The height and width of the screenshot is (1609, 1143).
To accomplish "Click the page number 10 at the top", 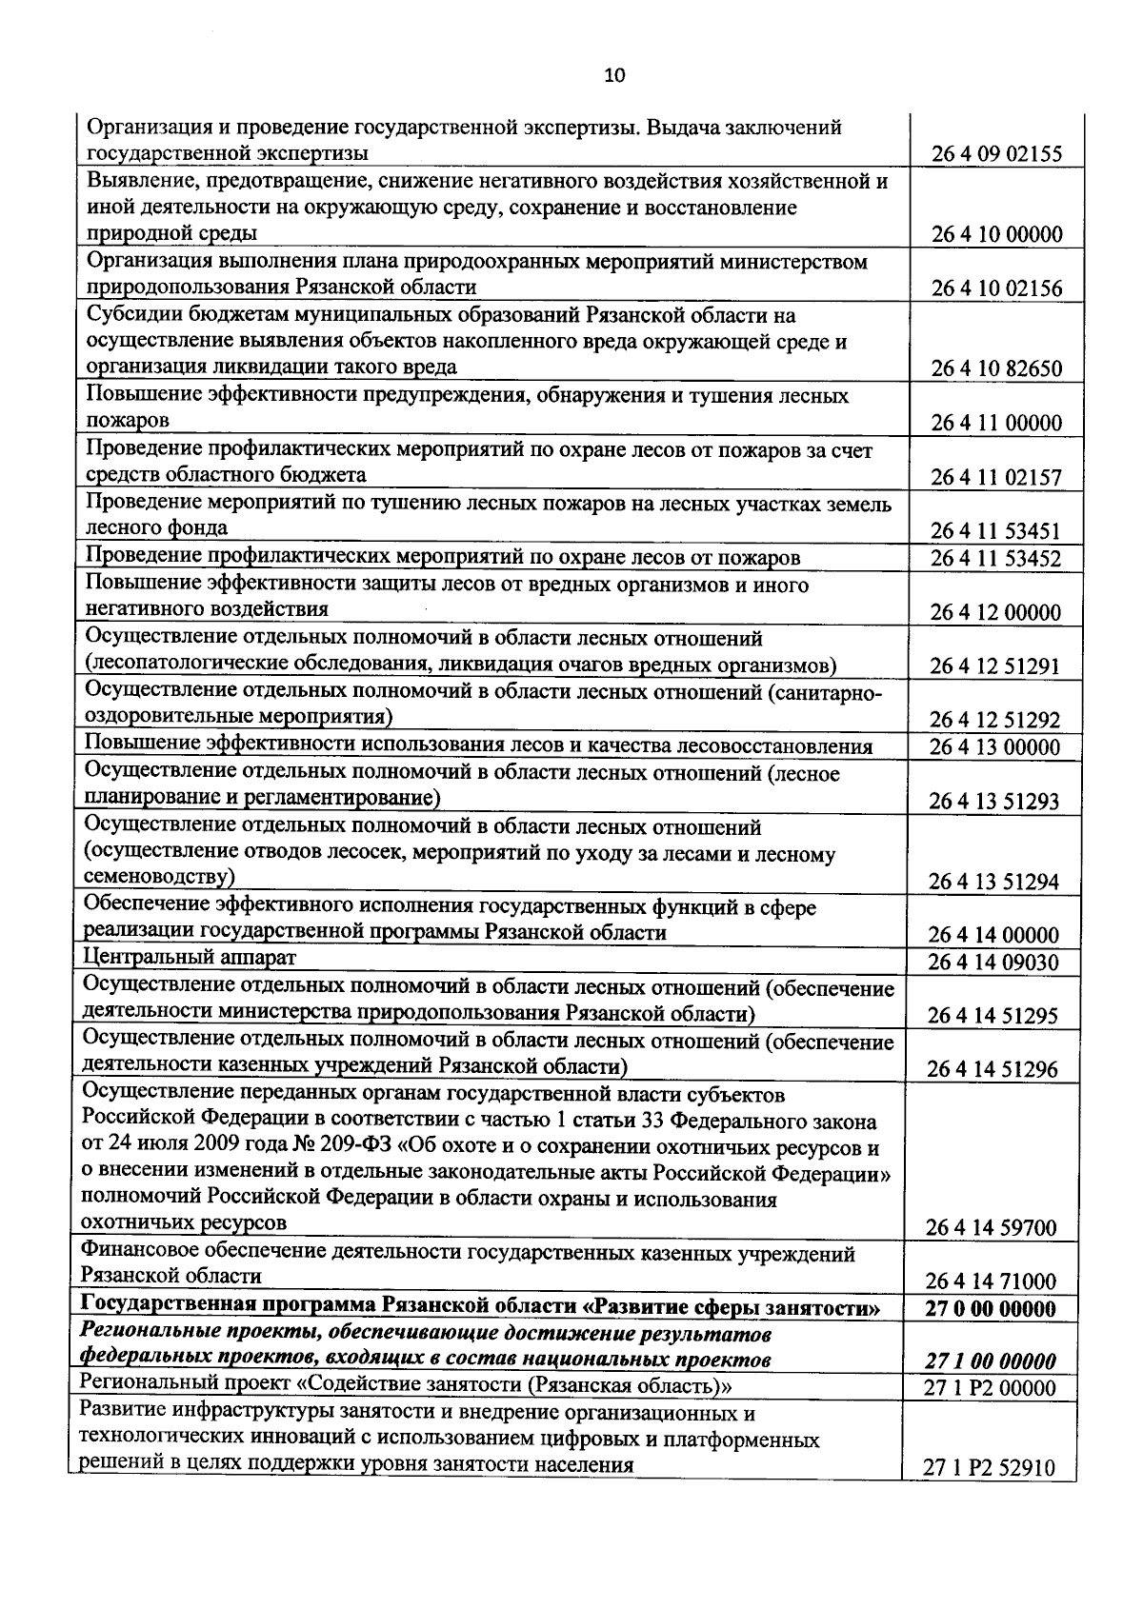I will coord(614,76).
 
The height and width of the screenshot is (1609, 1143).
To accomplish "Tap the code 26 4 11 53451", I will coord(996,531).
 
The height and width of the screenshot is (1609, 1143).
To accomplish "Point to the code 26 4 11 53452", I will coord(996,558).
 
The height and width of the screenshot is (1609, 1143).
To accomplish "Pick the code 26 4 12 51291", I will coord(995,666).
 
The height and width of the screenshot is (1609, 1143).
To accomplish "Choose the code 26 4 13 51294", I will coord(994,882).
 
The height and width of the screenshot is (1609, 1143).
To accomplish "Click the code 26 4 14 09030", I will coord(993,963).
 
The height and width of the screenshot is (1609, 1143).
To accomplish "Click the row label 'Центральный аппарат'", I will coord(190,956).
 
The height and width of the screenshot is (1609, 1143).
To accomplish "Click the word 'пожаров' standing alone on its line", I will coord(128,420).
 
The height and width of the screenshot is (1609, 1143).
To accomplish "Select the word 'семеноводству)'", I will coord(160,876).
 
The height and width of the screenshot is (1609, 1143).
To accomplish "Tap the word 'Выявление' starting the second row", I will coord(141,180).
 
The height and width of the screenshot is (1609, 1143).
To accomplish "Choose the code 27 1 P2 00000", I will coord(991,1388).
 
